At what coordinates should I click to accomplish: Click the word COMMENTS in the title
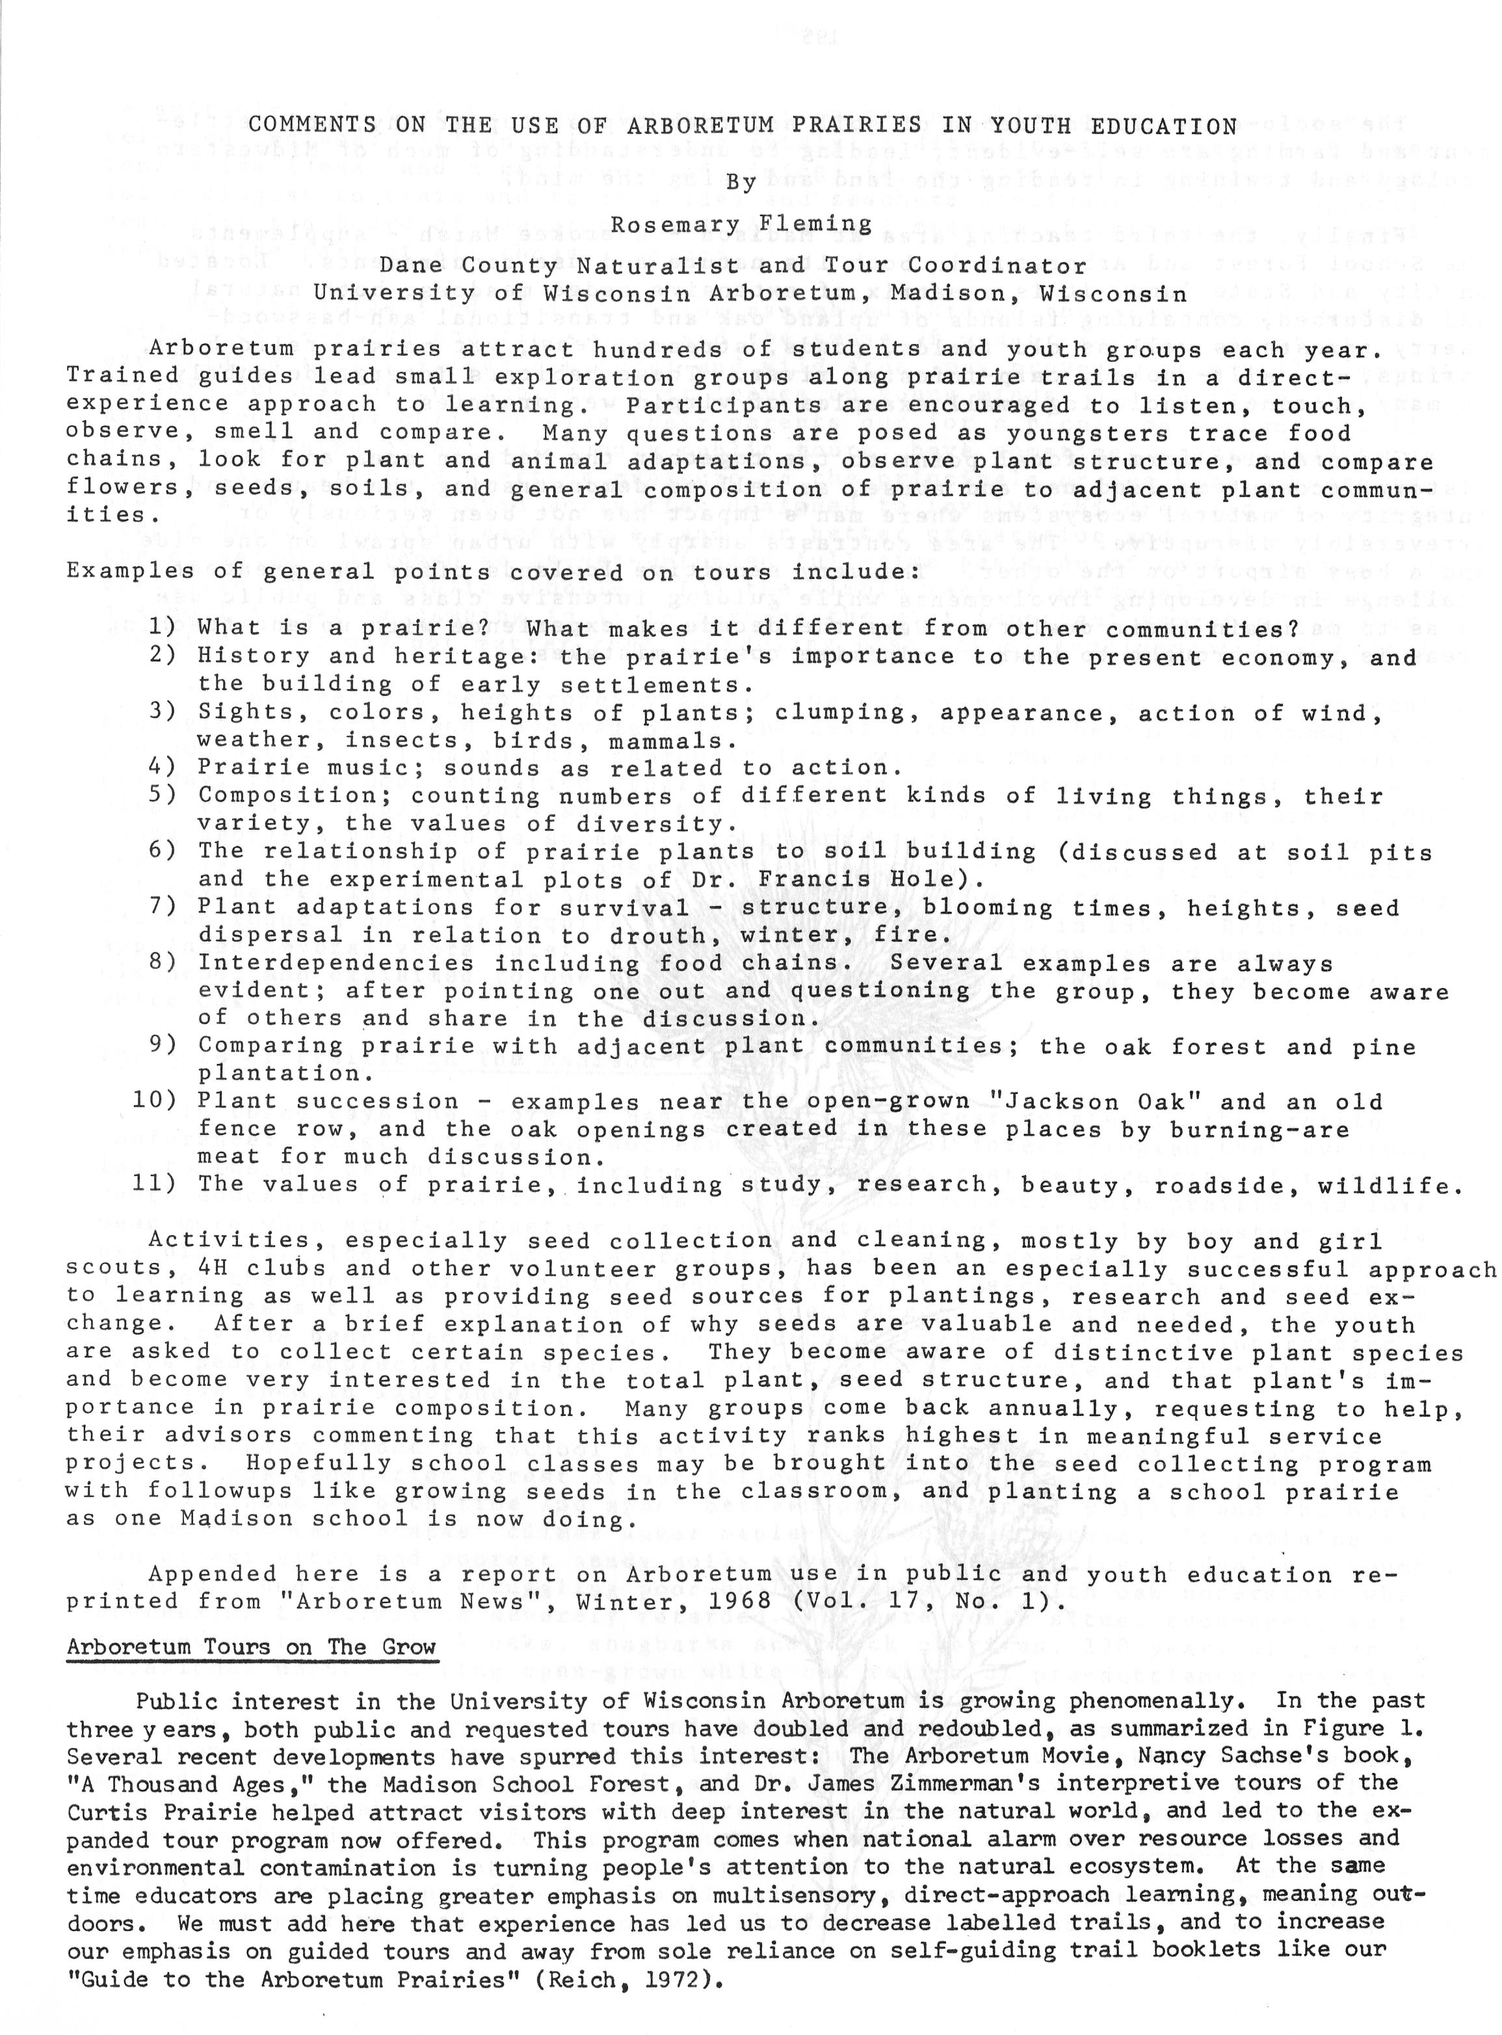[x=312, y=126]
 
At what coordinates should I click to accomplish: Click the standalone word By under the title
[x=741, y=182]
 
